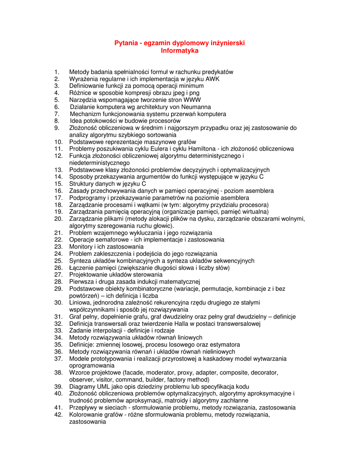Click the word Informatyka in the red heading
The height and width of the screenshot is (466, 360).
point(180,51)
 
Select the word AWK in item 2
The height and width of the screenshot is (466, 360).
point(212,79)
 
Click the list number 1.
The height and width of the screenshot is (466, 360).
point(56,72)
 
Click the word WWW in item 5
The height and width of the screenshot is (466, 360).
point(192,100)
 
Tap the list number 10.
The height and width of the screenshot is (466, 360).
point(58,142)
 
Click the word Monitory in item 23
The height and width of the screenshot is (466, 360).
point(81,247)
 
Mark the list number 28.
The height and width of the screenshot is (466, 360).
point(58,282)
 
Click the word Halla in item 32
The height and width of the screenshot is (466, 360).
point(182,324)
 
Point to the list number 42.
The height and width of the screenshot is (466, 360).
point(58,415)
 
